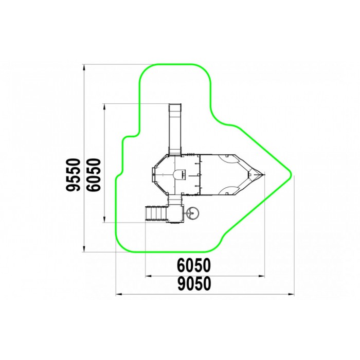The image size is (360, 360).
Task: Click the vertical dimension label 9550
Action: click(x=74, y=175)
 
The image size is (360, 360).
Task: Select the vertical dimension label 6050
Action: click(x=94, y=175)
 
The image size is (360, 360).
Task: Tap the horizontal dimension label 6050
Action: click(x=194, y=265)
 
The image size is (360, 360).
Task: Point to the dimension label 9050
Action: click(x=194, y=283)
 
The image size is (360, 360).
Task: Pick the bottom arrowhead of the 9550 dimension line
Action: click(x=84, y=248)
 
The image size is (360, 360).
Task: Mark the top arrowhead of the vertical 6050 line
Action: click(x=104, y=107)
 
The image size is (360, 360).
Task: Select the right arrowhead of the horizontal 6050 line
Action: click(x=261, y=276)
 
